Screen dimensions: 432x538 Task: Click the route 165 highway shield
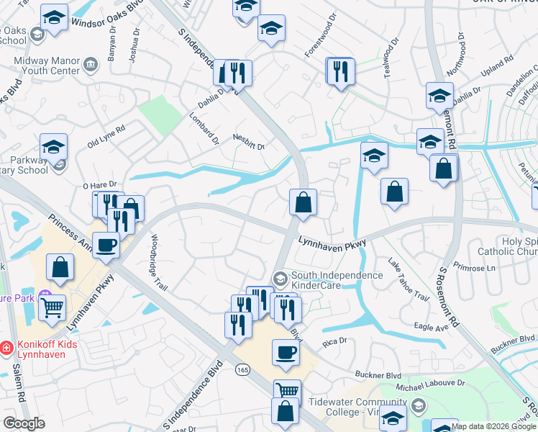242,369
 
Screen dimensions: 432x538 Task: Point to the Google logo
24,423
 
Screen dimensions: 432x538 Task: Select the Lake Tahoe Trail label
408,280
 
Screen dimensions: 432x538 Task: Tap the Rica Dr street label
335,341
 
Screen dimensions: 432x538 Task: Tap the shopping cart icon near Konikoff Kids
52,307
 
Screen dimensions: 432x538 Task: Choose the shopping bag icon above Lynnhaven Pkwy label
303,202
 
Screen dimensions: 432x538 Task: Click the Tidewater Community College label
354,407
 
